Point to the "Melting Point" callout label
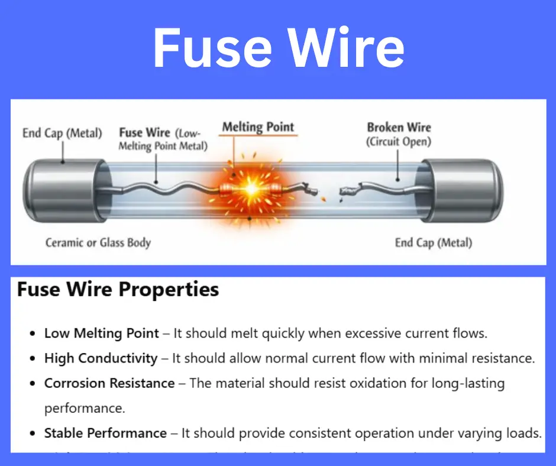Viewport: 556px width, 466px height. click(x=258, y=127)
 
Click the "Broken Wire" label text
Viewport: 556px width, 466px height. click(x=399, y=127)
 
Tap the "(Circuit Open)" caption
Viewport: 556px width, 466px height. click(x=399, y=142)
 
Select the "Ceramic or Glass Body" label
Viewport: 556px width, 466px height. click(x=98, y=242)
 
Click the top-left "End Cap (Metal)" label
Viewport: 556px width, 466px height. click(x=62, y=132)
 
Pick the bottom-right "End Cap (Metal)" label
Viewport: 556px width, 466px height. click(x=434, y=242)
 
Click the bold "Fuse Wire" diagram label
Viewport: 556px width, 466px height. click(x=145, y=132)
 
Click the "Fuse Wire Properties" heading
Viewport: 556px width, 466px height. click(x=118, y=290)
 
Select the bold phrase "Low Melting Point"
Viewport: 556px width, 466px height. click(x=102, y=333)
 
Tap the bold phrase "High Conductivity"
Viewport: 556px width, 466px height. click(x=101, y=358)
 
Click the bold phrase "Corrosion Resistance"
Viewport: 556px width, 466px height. click(x=109, y=383)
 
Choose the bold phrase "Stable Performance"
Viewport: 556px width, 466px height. click(x=105, y=433)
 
